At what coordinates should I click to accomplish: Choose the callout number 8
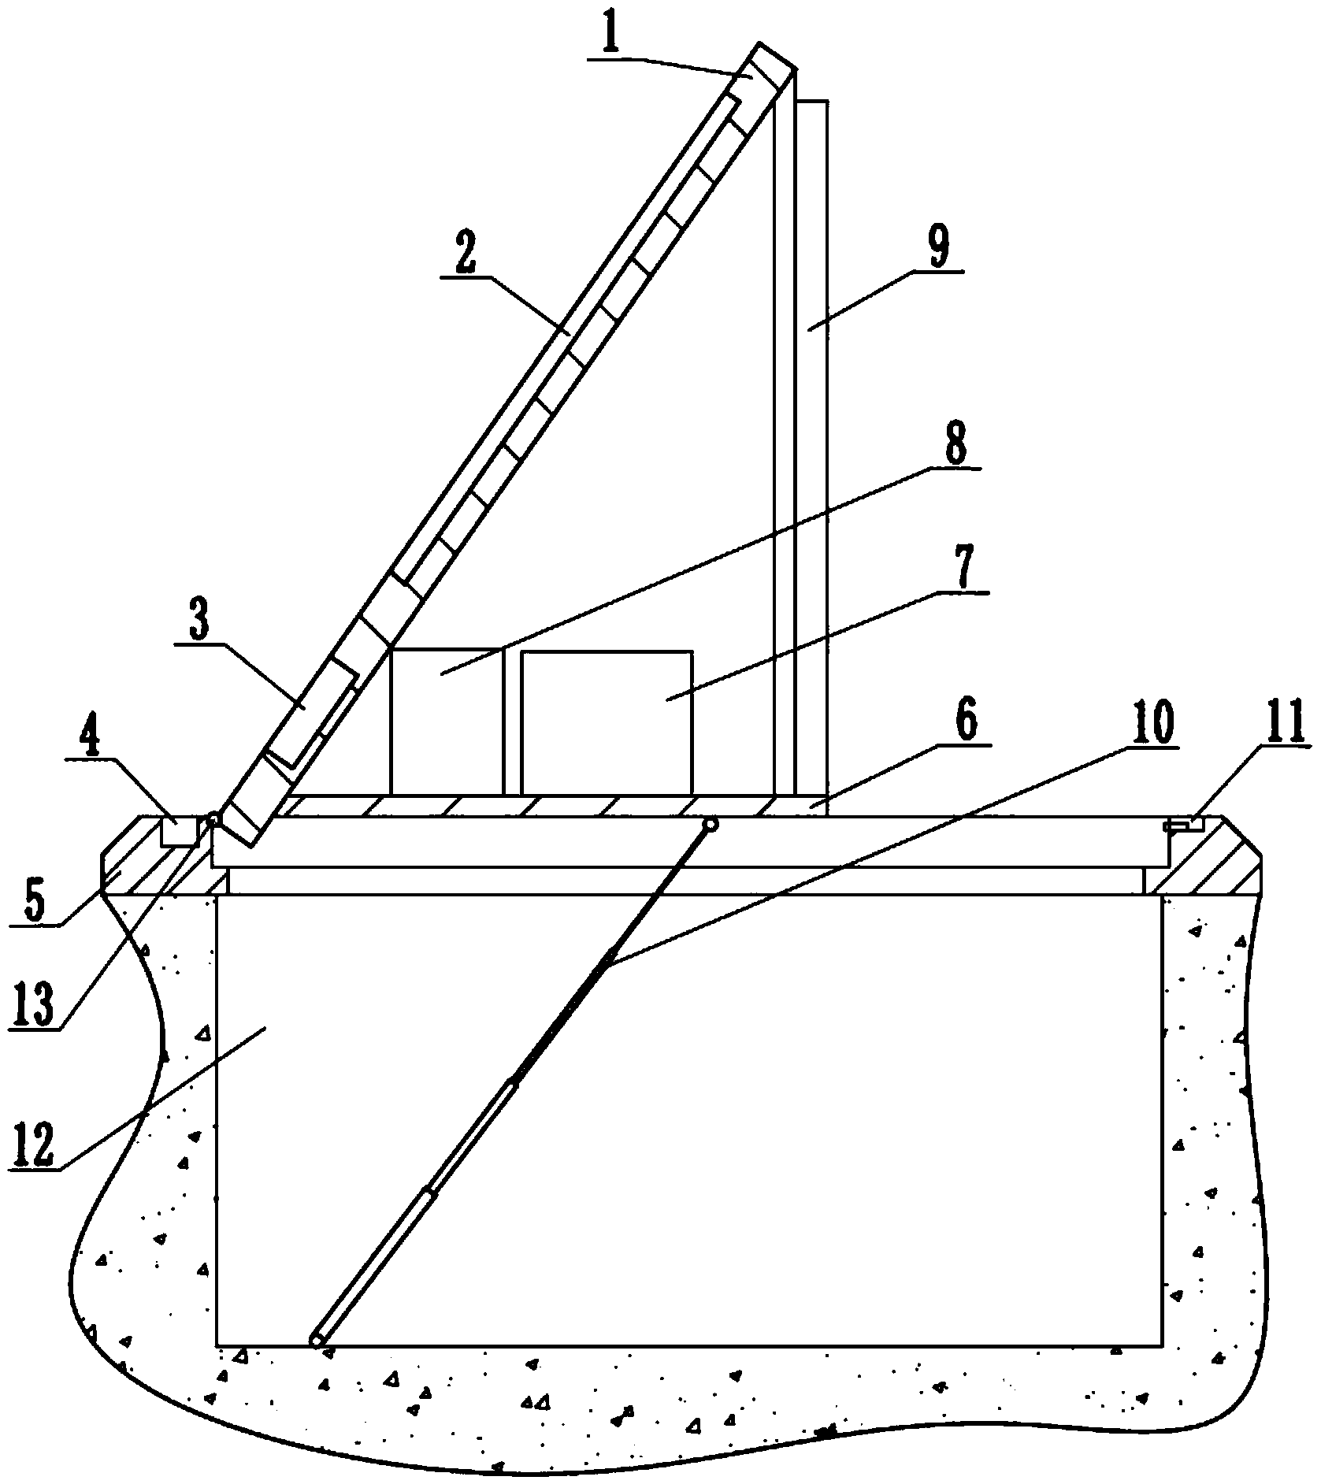pyautogui.click(x=954, y=445)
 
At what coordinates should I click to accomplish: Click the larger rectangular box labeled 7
pyautogui.click(x=607, y=722)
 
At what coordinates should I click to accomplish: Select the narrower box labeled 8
pyautogui.click(x=446, y=721)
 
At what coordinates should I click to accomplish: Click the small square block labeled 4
pyautogui.click(x=180, y=832)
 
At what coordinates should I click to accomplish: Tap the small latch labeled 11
pyautogui.click(x=1183, y=825)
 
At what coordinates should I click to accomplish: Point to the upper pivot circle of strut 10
pyautogui.click(x=711, y=824)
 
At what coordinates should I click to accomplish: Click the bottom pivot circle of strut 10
pyautogui.click(x=317, y=1341)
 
